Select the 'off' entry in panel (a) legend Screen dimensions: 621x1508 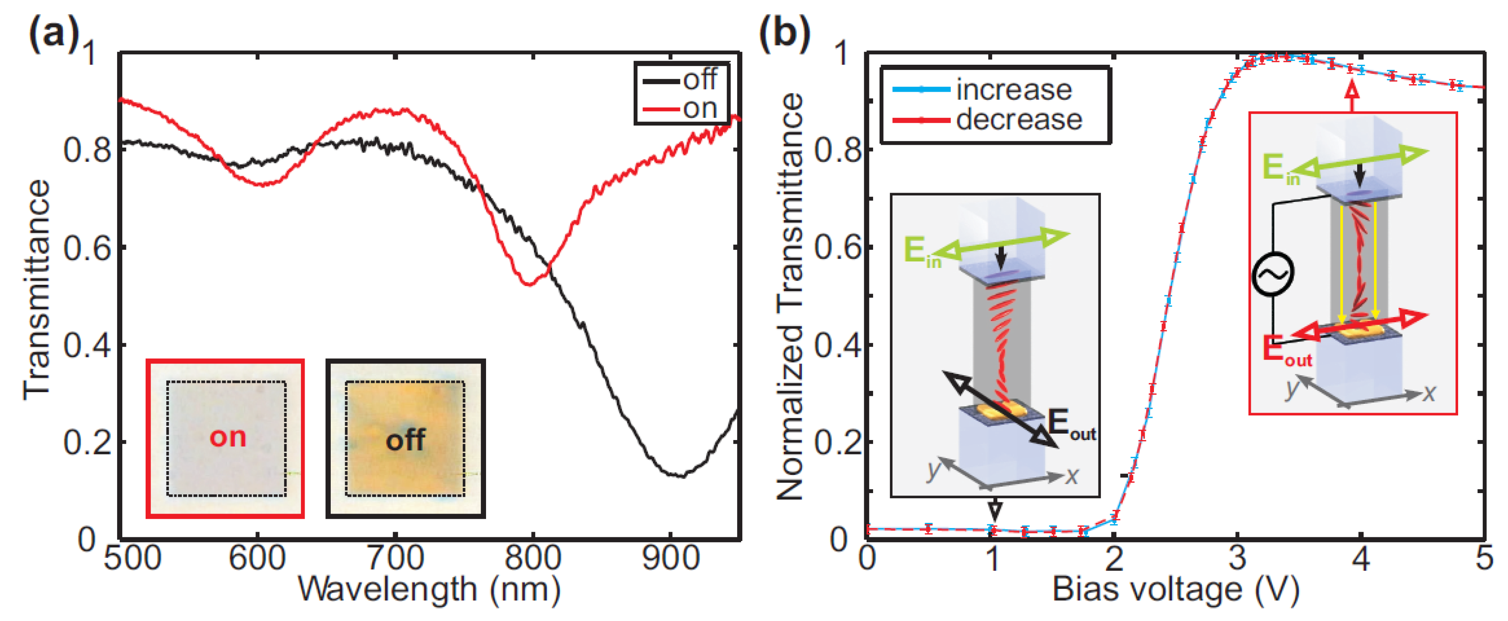point(700,79)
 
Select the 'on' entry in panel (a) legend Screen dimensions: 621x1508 point(700,108)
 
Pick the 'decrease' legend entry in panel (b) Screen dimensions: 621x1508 point(1019,120)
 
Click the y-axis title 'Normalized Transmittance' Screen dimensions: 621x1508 point(790,296)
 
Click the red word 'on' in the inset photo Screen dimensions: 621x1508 point(228,437)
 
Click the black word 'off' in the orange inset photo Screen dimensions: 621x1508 point(405,440)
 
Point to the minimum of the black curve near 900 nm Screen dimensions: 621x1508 point(679,476)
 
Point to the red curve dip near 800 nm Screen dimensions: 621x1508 point(530,284)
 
